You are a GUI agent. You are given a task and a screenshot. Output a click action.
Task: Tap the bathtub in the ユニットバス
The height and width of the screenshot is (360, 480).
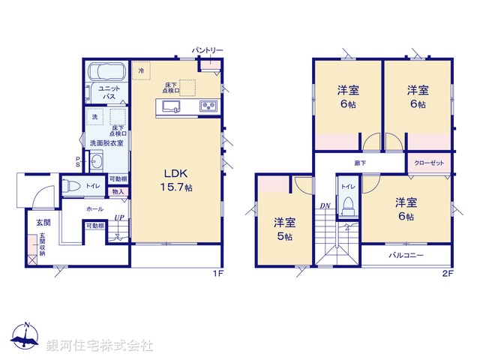coord(104,73)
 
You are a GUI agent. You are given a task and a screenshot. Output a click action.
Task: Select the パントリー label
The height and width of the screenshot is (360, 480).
coord(208,50)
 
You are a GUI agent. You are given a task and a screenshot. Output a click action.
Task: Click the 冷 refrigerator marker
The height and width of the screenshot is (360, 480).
coord(141,70)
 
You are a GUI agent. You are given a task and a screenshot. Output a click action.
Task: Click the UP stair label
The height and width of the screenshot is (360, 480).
coord(118,219)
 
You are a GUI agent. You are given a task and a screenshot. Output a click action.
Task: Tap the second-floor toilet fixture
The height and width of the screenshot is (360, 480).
coord(347,205)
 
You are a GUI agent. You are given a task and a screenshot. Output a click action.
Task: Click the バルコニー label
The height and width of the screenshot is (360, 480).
coord(406,255)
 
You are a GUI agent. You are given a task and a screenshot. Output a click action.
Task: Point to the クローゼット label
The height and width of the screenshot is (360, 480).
coord(428,163)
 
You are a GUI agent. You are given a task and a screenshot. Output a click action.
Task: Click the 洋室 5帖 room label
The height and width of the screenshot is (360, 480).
coord(284,229)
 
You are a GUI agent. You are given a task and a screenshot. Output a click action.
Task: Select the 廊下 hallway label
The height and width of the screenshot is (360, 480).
coord(360,163)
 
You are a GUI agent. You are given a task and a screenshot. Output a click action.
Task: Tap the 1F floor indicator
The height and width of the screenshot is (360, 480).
coord(217,274)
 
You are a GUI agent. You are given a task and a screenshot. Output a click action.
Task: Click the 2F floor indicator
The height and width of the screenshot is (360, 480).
coord(448,274)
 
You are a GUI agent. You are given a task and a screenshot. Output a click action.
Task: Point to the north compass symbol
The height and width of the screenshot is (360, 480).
coord(26,338)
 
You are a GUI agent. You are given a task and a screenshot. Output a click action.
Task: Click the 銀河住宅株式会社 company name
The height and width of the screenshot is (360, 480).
coord(100,346)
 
